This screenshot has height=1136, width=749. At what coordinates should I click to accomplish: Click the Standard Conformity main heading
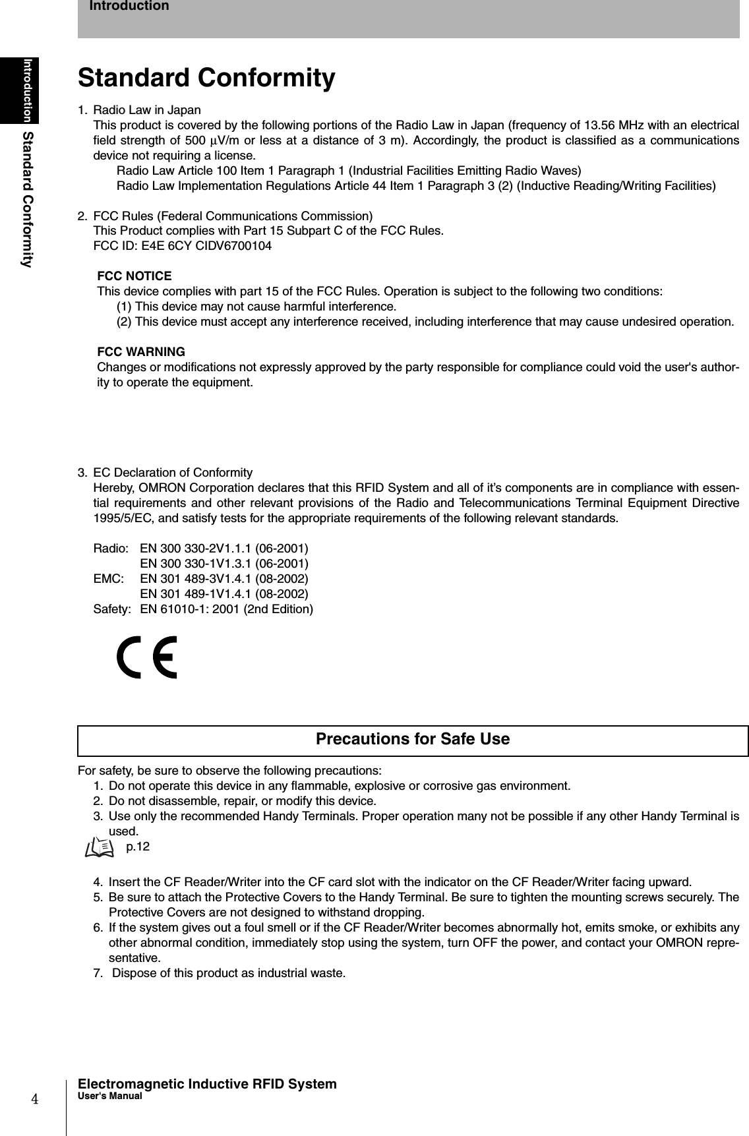coord(206,78)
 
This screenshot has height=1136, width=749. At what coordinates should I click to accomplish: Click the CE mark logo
coord(147,657)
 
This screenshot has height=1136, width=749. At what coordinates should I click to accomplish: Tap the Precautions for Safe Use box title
coord(413,739)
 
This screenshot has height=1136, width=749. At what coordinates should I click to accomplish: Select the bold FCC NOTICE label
coord(135,276)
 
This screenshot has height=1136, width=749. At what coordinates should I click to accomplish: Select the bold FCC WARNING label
coord(141,351)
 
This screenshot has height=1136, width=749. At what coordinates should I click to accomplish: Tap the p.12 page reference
coord(138,847)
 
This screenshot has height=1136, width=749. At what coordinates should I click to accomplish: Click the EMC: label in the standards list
coord(108,579)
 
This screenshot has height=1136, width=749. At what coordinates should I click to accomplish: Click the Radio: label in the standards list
coord(111,549)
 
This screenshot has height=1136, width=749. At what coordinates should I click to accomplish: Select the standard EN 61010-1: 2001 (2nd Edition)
coord(227,609)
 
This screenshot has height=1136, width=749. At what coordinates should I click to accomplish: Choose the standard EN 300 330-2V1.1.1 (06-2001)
coord(224,549)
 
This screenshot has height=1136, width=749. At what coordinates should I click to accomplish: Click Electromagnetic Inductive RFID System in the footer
coord(207,1084)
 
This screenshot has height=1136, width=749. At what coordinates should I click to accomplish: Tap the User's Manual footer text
coord(109,1096)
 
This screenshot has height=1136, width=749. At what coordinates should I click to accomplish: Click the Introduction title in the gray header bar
coord(129,7)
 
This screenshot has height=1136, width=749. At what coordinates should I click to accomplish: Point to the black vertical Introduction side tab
coord(28,90)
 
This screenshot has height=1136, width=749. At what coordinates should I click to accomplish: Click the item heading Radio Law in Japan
coord(147,109)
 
